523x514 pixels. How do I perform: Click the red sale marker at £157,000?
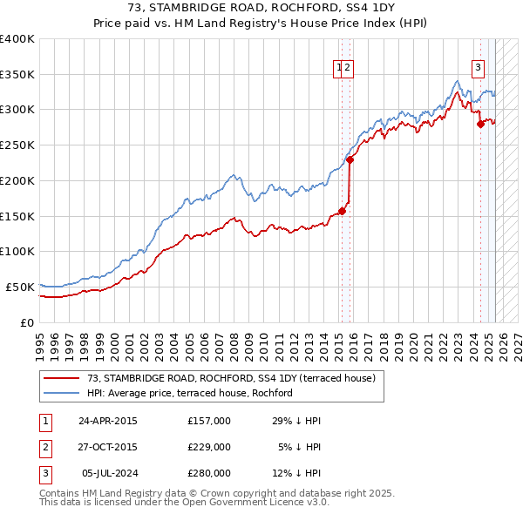point(343,210)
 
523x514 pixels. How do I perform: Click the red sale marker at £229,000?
point(350,159)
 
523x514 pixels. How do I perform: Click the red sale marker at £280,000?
point(480,124)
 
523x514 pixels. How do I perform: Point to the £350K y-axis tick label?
point(17,75)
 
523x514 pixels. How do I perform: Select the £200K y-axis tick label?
point(17,180)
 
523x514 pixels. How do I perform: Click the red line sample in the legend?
point(62,378)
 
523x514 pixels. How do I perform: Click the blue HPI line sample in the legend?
point(62,393)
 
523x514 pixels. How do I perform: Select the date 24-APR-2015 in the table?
point(107,421)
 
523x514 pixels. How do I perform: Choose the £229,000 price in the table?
point(208,447)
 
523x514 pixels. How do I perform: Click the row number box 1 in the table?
point(44,421)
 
